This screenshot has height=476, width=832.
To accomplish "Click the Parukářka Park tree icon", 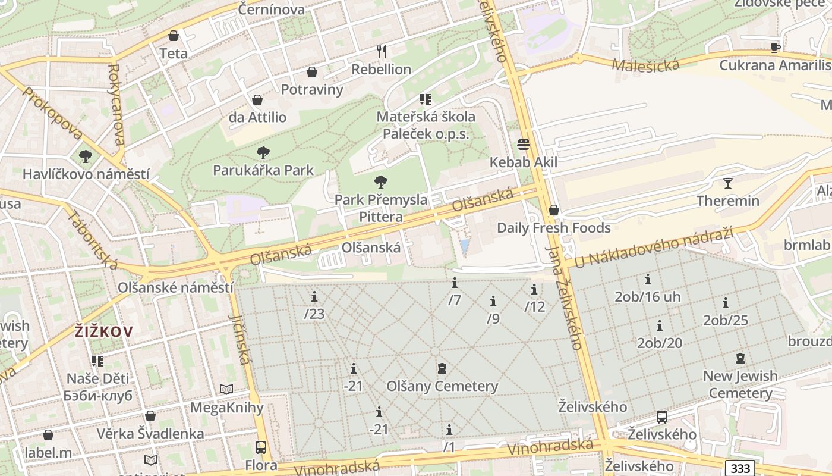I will click(263, 153).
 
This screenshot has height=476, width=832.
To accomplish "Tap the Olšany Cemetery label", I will click(442, 386).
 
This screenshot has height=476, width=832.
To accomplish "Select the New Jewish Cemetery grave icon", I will click(740, 358).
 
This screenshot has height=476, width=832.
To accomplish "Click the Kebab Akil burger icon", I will click(524, 145).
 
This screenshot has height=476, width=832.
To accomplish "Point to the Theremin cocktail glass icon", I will click(728, 183).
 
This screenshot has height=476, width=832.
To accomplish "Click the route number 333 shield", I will click(740, 468).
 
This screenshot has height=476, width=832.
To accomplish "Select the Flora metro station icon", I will click(260, 447).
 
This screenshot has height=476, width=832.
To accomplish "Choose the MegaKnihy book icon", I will click(226, 390).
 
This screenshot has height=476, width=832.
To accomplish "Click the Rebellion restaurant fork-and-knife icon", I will click(381, 52).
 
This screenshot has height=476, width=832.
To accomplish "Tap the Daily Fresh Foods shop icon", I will click(554, 210).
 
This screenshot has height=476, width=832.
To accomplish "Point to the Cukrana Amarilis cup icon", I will click(775, 48).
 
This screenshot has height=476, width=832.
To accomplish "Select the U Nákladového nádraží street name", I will click(654, 246).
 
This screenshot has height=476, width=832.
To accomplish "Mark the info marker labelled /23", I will click(314, 296).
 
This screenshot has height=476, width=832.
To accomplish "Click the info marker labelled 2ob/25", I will click(725, 303).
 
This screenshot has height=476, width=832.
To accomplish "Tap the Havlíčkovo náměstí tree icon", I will click(86, 156).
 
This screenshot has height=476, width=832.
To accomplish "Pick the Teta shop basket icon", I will click(174, 36).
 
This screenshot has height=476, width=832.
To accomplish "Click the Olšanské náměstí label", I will click(175, 287).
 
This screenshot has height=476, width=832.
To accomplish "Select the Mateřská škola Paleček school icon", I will click(425, 99).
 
